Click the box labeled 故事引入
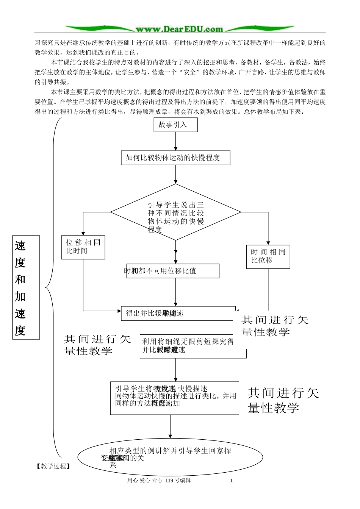coord(175,125)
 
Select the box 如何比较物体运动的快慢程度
coord(175,158)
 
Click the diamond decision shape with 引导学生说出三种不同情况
coord(175,212)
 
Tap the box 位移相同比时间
coord(83,247)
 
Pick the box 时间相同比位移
coord(268,256)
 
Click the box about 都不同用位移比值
coord(173,271)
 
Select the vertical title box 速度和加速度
coord(26,287)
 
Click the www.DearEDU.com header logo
coord(180,29)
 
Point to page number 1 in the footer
coord(231,481)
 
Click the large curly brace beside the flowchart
coord(52,288)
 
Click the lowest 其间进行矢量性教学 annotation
coord(283,400)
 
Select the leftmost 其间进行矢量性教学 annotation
coord(97,345)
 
